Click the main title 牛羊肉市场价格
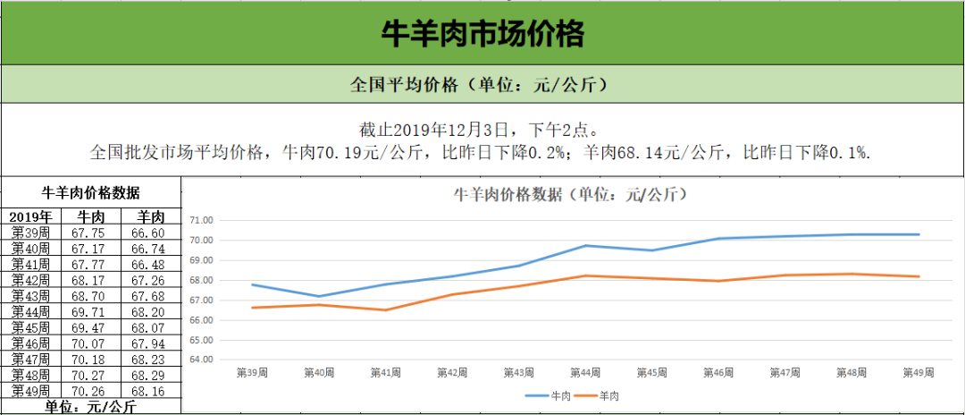coord(482,34)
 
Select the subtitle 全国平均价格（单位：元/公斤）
coord(482,85)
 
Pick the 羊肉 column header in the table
coord(149,217)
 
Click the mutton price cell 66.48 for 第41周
coord(148,264)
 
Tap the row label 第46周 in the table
coord(32,343)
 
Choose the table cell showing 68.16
coord(148,390)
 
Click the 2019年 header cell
coord(32,217)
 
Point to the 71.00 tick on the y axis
coord(202,220)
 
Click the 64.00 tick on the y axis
coord(202,360)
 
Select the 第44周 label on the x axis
coord(585,372)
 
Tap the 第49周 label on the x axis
coord(919,372)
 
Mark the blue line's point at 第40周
coord(318,296)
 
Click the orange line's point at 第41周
coord(385,309)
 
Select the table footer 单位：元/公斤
coord(90,407)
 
